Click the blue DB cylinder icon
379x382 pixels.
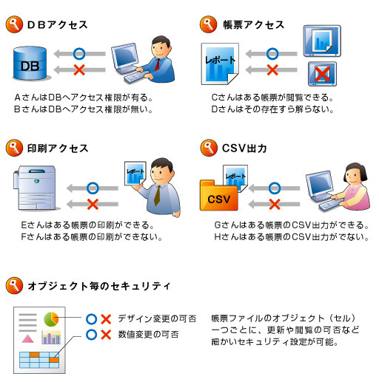coord(30,65)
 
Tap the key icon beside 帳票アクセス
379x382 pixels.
coord(209,25)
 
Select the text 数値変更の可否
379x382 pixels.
coord(148,335)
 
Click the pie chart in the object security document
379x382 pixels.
coord(51,318)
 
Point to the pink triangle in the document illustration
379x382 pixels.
coord(27,338)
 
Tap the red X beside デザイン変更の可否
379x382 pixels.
coord(106,319)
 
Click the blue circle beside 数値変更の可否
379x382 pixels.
coord(90,335)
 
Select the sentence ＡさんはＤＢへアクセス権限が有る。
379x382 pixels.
coord(82,98)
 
